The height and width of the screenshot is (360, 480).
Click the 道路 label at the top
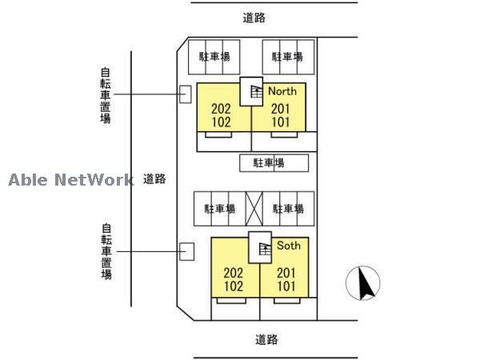pos(254,17)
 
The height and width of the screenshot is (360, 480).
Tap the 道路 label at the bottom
pos(266,339)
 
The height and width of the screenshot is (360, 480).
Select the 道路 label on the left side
pos(154,178)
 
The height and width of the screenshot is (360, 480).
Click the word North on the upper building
pos(282,91)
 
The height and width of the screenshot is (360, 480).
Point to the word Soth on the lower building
pos(289,246)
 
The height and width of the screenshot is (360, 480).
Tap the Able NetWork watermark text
pos(70,180)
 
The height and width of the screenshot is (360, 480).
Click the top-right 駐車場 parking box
pos(287,57)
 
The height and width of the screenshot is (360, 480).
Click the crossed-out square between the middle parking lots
pos(254,208)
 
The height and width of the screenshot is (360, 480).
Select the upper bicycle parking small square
pos(185,94)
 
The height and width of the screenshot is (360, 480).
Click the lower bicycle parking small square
pos(187,250)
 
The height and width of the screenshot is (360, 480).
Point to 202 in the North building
pos(222,110)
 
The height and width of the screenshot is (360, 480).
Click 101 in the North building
pos(280,122)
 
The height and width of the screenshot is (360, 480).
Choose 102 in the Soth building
pos(234,286)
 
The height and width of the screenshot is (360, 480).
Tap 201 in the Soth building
pos(286,273)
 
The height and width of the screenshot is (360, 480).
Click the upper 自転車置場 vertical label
pos(106,94)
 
